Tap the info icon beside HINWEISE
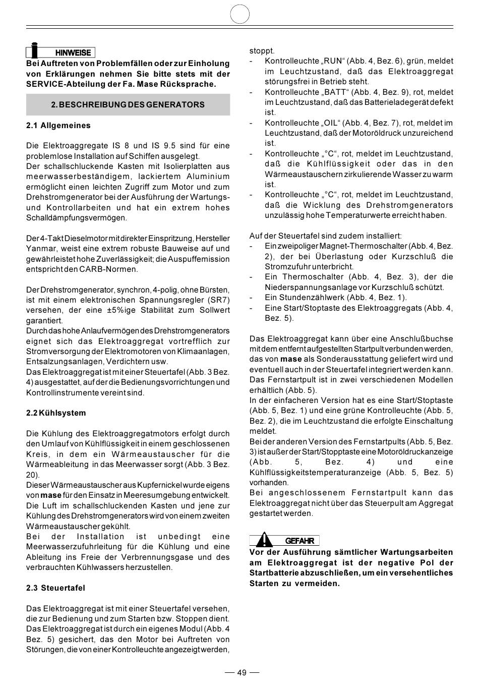[x=34, y=50]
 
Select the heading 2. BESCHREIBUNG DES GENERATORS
[x=128, y=105]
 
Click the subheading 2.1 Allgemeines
[x=58, y=126]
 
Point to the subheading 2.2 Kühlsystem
[x=56, y=413]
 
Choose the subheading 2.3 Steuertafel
[x=55, y=588]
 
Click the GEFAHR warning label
[x=300, y=541]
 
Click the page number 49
[x=242, y=673]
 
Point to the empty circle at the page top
[x=240, y=14]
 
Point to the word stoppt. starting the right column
[x=262, y=51]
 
